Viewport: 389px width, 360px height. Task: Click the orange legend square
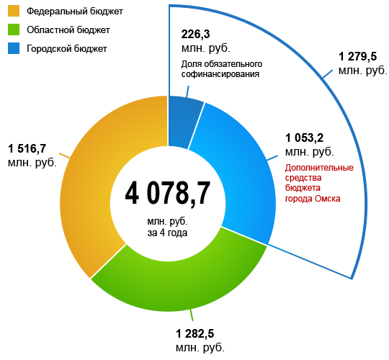(13, 12)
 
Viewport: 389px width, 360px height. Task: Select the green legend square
(13, 30)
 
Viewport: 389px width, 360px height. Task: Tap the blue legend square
(13, 48)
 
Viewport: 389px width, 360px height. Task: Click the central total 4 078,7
(167, 192)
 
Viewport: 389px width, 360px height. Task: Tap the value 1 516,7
(27, 148)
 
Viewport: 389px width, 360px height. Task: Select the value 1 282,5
(194, 333)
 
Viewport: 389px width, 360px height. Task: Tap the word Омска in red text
(327, 198)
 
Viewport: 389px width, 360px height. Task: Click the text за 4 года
(167, 233)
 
